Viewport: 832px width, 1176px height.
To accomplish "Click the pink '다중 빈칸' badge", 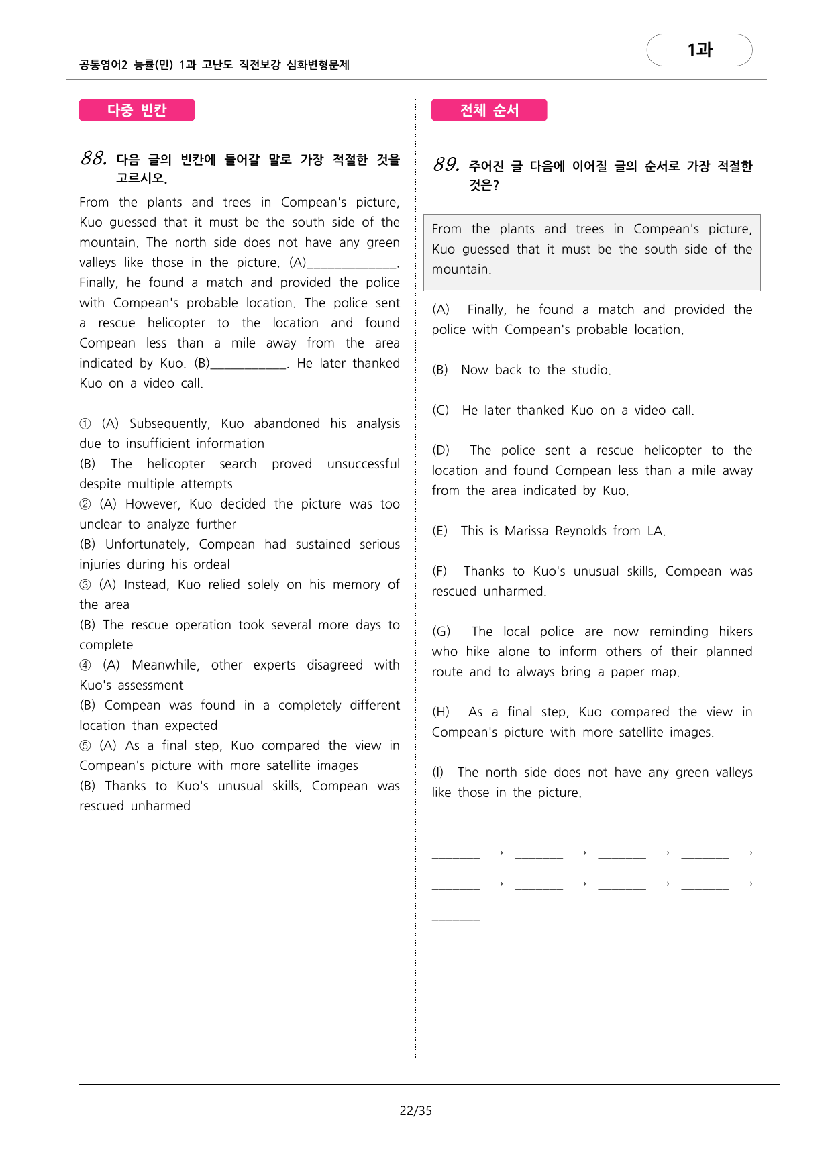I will coord(137,110).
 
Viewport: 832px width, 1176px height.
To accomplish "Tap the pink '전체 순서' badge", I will coord(489,110).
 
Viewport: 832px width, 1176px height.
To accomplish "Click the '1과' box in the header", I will coord(699,50).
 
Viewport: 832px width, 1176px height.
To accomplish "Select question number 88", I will coord(93,159).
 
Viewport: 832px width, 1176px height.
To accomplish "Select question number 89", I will coord(446,165).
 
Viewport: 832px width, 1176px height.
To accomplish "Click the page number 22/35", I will coord(415,1111).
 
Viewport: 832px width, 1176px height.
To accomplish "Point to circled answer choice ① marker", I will coord(85,424).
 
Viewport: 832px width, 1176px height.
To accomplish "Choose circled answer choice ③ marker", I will coord(85,585).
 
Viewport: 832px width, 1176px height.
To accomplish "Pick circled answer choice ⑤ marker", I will coord(85,746).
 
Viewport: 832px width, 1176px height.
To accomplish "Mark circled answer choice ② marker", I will coord(85,504).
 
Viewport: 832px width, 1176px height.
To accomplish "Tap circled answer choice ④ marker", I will coord(85,665).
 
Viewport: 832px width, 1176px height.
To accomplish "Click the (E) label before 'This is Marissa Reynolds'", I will coord(440,531).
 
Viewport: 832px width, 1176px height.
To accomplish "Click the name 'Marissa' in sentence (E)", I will coord(527,531).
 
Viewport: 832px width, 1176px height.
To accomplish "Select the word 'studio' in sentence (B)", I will coord(590,370).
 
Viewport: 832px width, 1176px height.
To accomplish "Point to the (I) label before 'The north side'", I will coord(438,773).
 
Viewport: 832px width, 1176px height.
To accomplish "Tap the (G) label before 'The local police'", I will coord(441,632).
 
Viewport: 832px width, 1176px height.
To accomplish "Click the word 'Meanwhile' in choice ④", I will coord(165,665).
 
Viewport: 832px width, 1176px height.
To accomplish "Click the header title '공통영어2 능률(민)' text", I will coord(126,65).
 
